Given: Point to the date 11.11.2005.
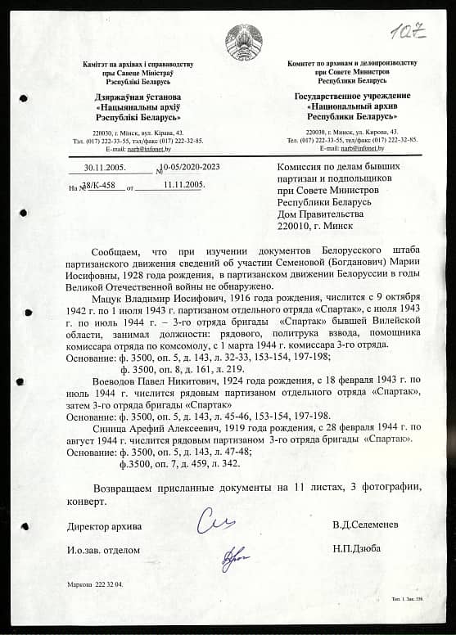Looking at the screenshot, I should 184,185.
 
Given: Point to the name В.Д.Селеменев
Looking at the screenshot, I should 366,525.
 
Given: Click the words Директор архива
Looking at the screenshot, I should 104,525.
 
